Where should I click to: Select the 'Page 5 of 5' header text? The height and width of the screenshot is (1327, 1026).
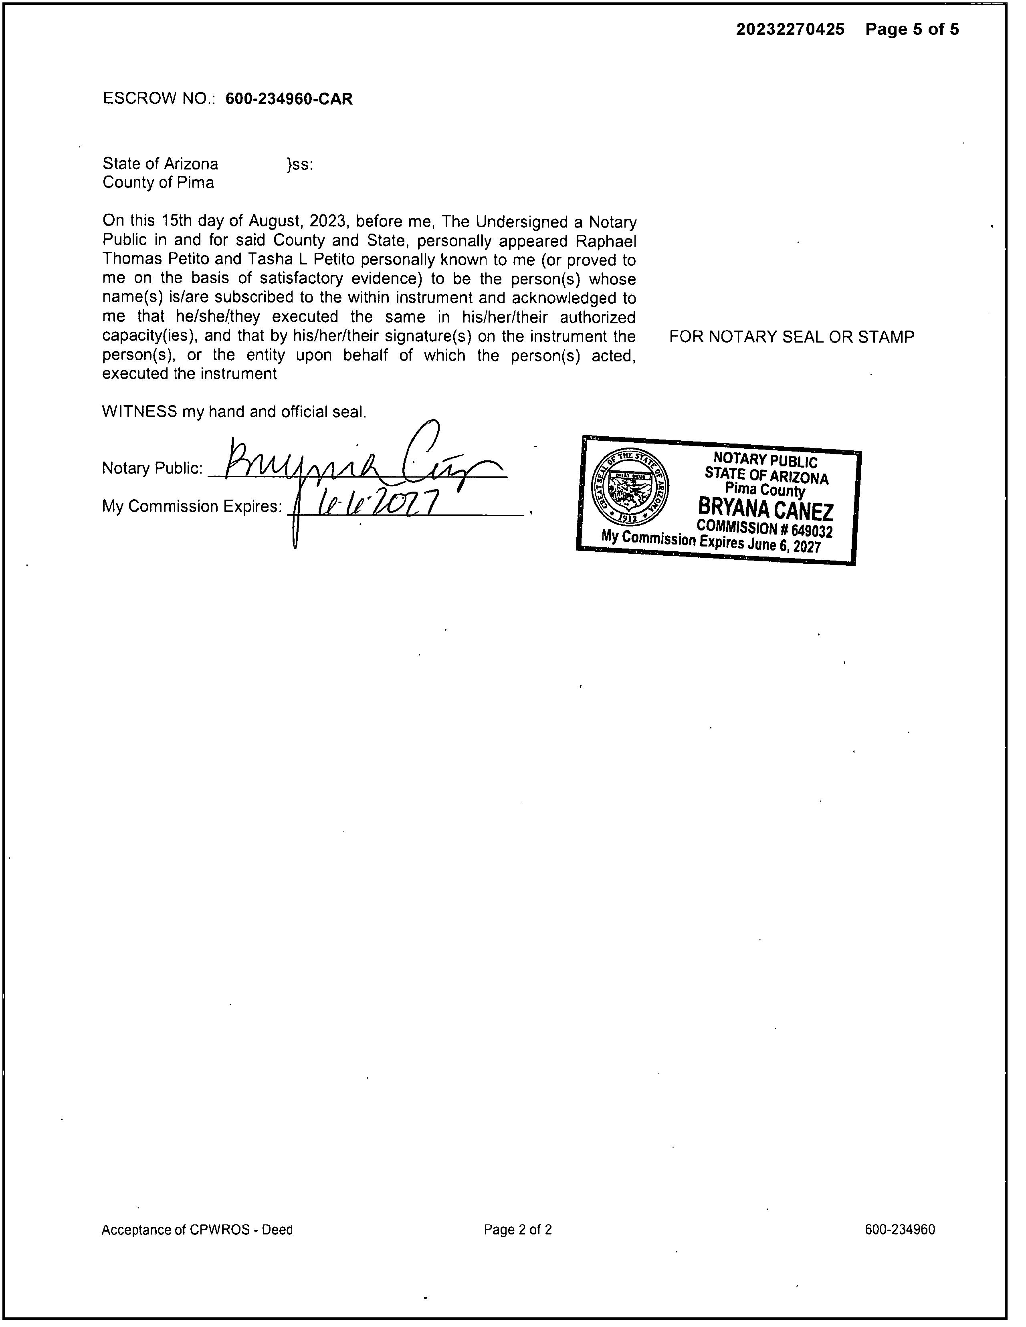point(912,29)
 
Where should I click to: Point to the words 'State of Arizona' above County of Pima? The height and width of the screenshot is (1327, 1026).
point(160,163)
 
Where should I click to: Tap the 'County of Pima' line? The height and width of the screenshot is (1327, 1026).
point(158,182)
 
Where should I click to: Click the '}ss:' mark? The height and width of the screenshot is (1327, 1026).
point(300,164)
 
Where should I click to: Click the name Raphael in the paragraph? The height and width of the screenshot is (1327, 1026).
point(606,241)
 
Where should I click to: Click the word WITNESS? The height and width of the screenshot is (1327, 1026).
point(139,411)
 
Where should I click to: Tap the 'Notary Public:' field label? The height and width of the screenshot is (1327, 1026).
point(152,468)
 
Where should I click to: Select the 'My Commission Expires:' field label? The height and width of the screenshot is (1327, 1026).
point(192,506)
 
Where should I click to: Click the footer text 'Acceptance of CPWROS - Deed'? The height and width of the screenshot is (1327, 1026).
point(197,1230)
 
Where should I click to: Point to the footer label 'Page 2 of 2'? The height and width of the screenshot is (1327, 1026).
point(518,1230)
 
